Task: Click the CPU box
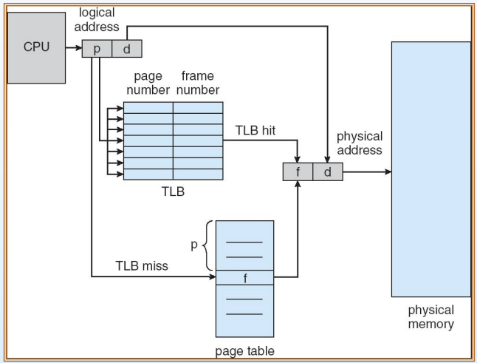click(36, 48)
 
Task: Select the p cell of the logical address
click(97, 49)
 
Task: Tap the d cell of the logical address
click(127, 49)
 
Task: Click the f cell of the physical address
click(298, 172)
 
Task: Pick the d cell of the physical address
click(328, 172)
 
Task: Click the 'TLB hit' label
click(255, 130)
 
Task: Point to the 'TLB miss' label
click(142, 266)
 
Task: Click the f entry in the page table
click(245, 278)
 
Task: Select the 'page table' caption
click(244, 351)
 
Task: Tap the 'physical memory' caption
click(431, 317)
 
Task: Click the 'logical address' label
click(97, 20)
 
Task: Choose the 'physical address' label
click(360, 143)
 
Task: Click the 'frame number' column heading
click(198, 83)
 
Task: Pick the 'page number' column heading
click(148, 83)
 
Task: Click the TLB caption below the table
click(173, 191)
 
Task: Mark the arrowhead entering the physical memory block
click(388, 172)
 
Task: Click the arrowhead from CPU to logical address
click(78, 48)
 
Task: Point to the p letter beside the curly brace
click(194, 245)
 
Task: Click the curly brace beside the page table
click(207, 245)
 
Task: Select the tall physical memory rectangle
click(431, 169)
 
